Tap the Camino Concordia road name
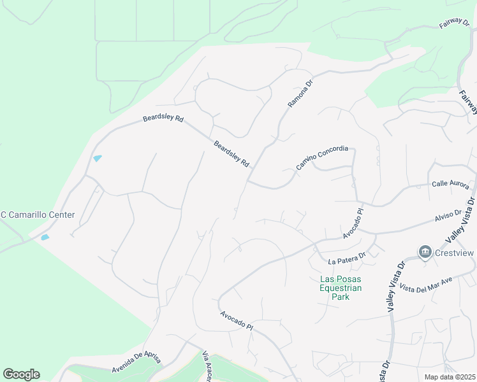coord(322,158)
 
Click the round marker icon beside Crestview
coord(425,253)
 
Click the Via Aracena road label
coord(207,367)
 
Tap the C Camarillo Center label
coord(38,215)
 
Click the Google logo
coord(21,374)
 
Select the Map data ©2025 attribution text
coord(450,377)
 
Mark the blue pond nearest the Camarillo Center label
coord(45,237)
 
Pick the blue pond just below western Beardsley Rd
coord(98,159)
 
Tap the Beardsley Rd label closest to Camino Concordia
coord(231,154)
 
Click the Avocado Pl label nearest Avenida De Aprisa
coord(237,320)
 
